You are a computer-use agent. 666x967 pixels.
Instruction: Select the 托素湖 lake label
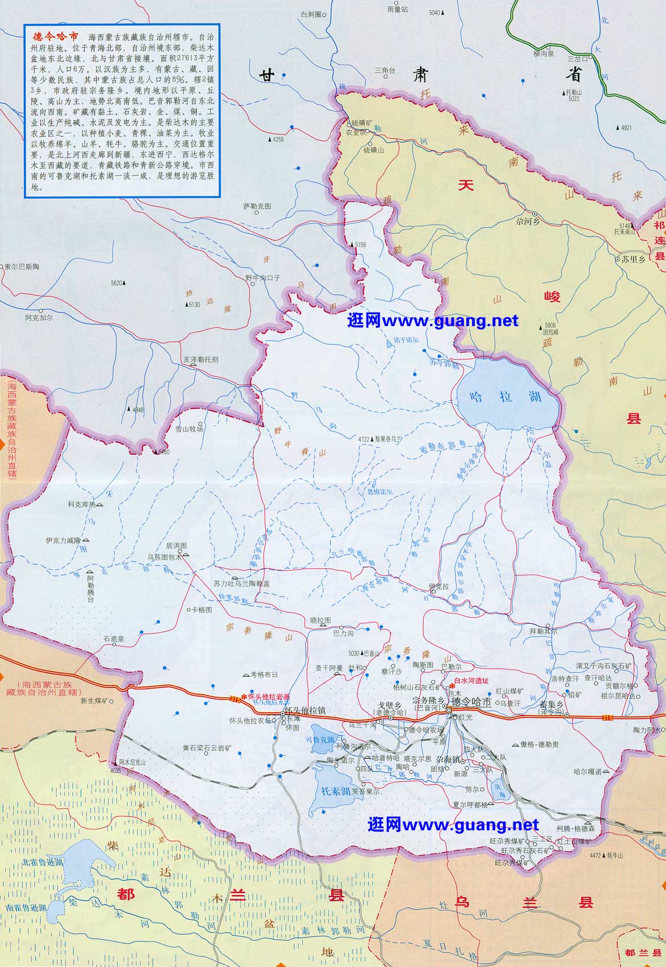point(332,791)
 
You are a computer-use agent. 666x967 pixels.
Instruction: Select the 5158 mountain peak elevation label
point(361,244)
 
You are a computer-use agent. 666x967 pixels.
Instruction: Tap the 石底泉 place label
point(113,639)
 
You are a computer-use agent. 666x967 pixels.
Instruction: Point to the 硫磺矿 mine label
point(362,123)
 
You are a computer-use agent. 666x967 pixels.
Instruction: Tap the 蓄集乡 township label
point(549,704)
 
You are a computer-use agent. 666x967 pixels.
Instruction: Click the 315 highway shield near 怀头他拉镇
point(235,699)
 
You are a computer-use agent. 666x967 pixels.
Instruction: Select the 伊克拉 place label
point(438,585)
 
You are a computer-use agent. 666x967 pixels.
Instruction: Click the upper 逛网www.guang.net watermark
point(432,321)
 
